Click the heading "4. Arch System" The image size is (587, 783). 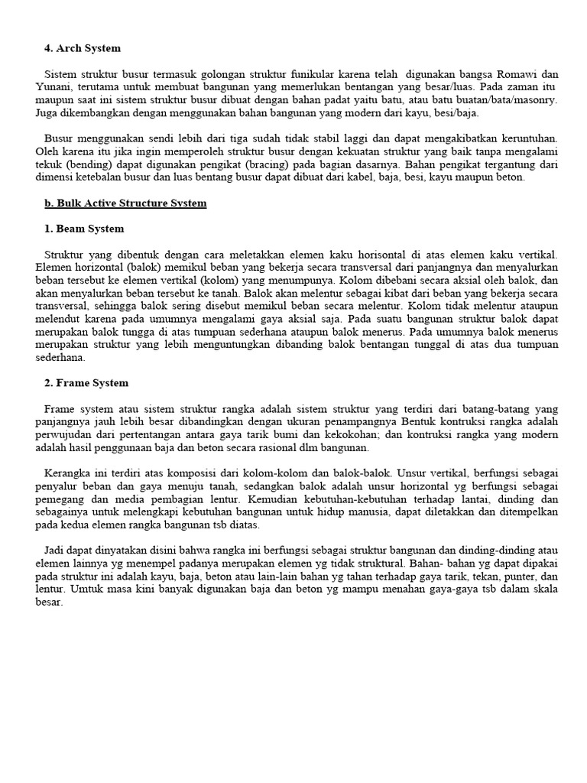pyautogui.click(x=82, y=48)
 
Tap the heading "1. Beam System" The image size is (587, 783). pyautogui.click(x=84, y=229)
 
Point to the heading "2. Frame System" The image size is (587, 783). pyautogui.click(x=86, y=382)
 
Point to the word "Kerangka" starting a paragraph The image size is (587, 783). pyautogui.click(x=66, y=473)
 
